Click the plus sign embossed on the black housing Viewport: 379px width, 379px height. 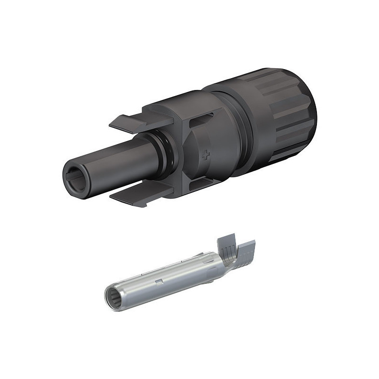(x=205, y=154)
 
